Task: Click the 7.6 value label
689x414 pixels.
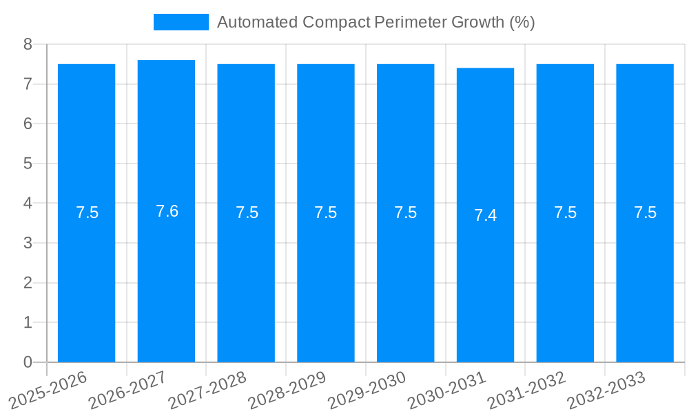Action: [x=167, y=211]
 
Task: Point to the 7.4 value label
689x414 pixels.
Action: [x=485, y=215]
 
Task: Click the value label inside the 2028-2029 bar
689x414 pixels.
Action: [x=326, y=213]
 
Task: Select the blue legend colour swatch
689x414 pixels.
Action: [x=181, y=22]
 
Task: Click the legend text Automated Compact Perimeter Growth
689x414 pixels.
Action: [x=376, y=22]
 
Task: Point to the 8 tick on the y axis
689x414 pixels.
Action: [x=28, y=44]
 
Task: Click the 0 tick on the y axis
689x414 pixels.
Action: [x=28, y=362]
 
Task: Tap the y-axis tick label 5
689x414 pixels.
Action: [x=28, y=164]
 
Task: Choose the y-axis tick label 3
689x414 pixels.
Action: [x=28, y=243]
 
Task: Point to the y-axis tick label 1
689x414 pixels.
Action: [x=28, y=322]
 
